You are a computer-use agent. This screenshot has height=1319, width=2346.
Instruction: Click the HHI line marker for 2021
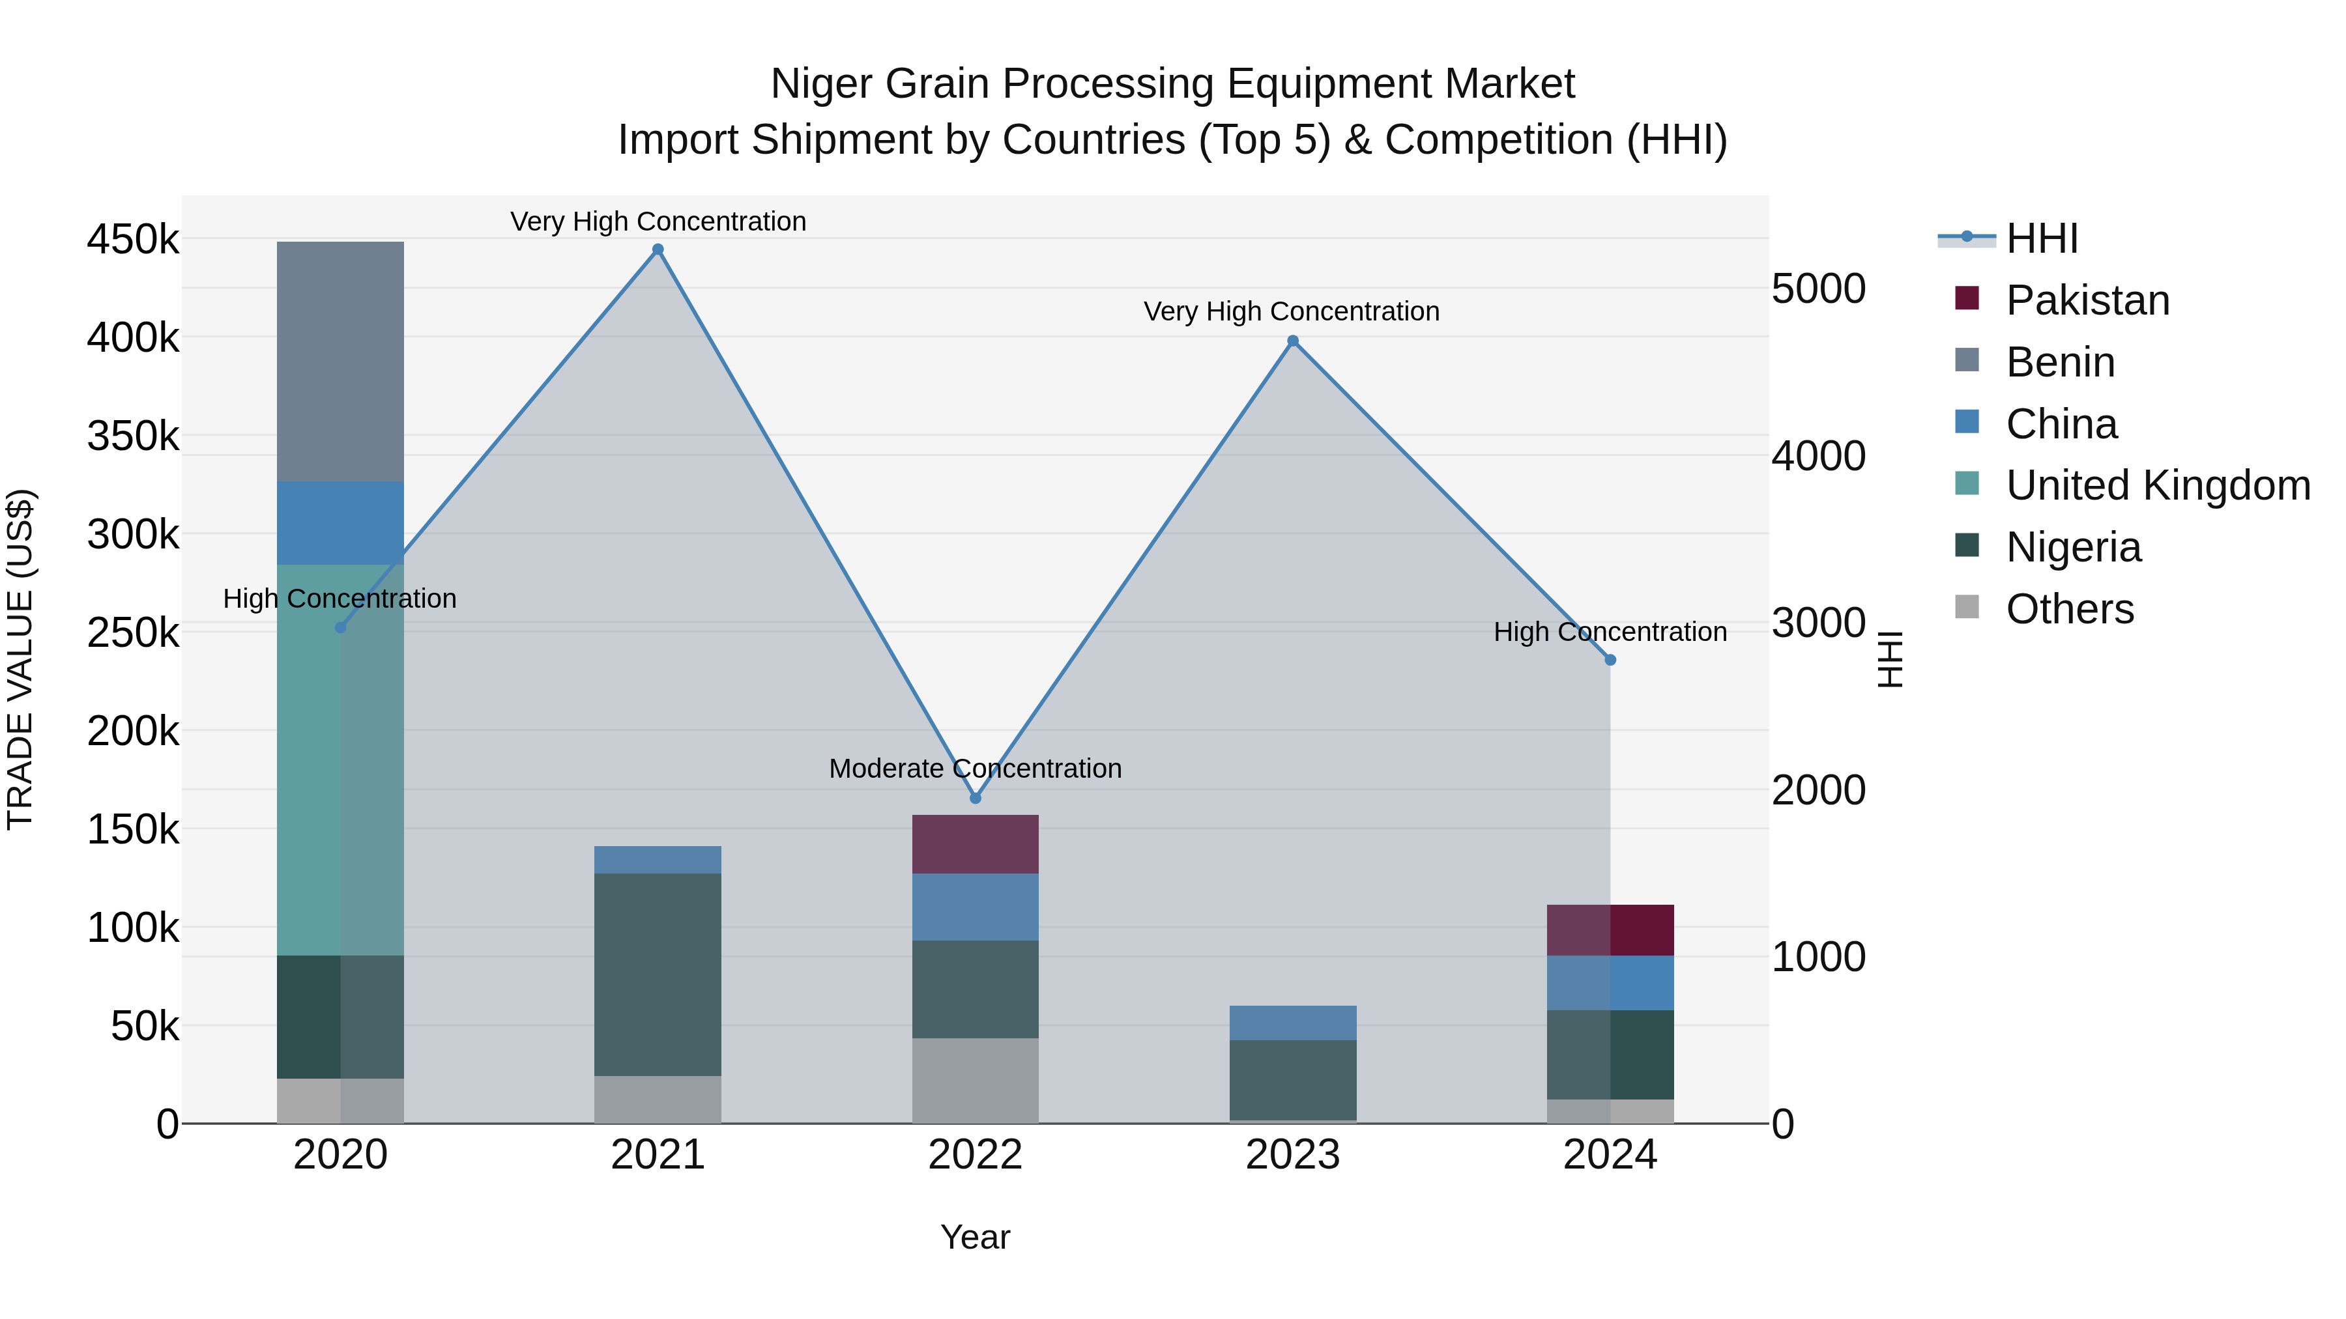click(658, 249)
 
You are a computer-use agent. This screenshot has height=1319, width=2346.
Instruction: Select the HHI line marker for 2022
click(976, 799)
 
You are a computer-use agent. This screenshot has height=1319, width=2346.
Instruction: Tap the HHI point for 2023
click(1292, 341)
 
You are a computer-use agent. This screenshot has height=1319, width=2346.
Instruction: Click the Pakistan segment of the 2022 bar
click(976, 844)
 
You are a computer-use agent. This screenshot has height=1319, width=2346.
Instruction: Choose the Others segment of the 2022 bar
click(976, 1081)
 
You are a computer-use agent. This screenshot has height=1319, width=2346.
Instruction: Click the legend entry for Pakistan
click(2087, 300)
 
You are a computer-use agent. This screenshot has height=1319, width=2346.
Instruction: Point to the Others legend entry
click(2068, 609)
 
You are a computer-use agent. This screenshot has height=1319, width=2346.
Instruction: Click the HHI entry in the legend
click(2041, 238)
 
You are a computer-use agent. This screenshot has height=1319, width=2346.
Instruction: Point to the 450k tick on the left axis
click(133, 240)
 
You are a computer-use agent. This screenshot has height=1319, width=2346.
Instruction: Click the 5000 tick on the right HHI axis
click(1817, 289)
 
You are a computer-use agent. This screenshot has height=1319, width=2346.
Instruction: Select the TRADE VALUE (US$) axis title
click(20, 659)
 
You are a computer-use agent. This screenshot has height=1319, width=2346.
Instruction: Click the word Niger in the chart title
click(822, 84)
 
